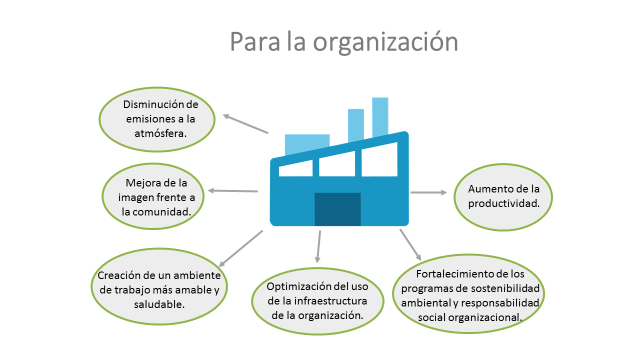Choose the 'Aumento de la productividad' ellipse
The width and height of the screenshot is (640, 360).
click(503, 195)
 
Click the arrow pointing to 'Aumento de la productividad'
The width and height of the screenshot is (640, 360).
click(428, 191)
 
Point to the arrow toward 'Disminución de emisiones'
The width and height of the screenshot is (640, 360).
click(246, 124)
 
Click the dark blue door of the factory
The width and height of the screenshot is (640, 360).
click(337, 208)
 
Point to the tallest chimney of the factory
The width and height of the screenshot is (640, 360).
click(380, 115)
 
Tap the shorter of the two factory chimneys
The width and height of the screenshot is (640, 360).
click(355, 124)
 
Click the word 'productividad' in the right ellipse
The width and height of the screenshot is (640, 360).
click(503, 203)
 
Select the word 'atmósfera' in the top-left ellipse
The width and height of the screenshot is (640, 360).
click(160, 135)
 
